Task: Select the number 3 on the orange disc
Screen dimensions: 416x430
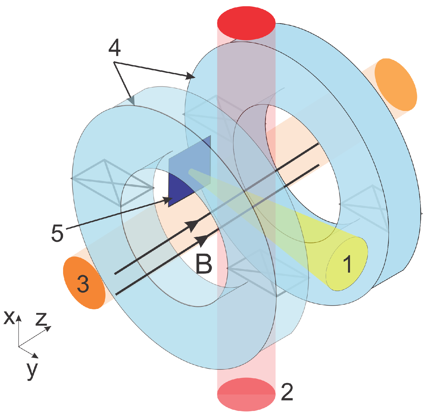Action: (x=83, y=283)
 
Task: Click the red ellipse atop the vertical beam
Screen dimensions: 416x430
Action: (x=246, y=23)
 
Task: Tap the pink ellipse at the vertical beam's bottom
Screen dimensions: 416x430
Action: (x=246, y=394)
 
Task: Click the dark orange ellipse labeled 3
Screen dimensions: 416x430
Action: (x=84, y=283)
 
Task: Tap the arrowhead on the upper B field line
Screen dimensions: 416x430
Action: (x=191, y=226)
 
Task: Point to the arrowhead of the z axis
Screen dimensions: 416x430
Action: (x=49, y=328)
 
